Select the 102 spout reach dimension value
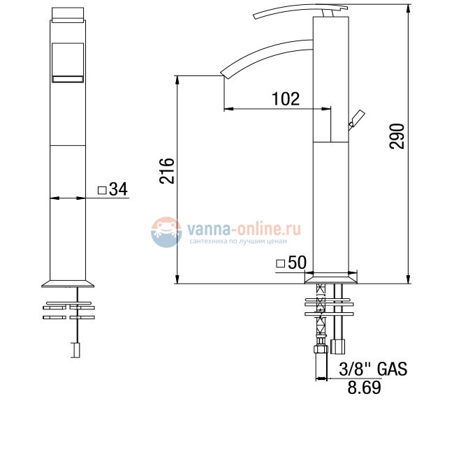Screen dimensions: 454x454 pos(286,98)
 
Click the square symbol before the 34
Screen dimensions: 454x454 pos(102,189)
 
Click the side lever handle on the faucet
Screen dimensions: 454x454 pos(356,119)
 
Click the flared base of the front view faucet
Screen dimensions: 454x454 pos(68,282)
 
